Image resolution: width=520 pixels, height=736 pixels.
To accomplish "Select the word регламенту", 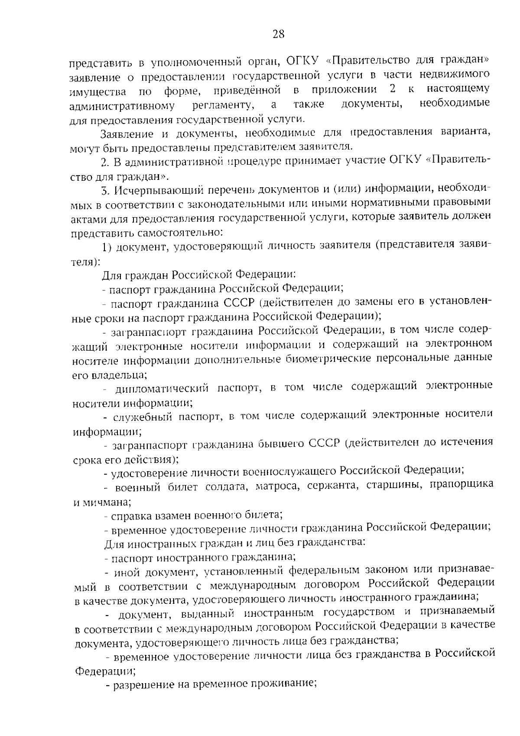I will pyautogui.click(x=223, y=104).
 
